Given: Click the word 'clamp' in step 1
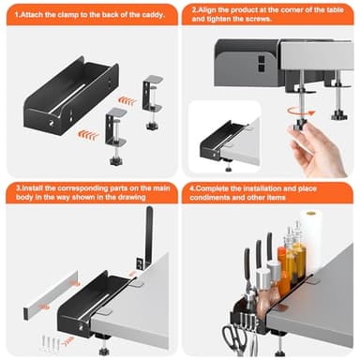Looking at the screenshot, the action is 67,15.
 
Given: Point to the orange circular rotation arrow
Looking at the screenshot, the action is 302,111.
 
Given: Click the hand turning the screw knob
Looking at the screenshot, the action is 316,147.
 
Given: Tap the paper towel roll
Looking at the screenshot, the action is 311,241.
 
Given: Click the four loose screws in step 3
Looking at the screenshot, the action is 51,343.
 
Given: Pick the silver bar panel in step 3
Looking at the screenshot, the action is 51,295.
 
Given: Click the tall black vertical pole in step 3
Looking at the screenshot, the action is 149,236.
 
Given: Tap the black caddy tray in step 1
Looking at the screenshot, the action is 71,96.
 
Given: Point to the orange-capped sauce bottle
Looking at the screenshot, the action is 283,269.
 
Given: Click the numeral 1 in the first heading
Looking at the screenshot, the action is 17,15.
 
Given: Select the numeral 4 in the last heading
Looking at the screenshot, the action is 192,188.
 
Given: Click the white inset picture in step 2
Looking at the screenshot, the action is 225,138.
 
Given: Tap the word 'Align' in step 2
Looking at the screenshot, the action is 206,10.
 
